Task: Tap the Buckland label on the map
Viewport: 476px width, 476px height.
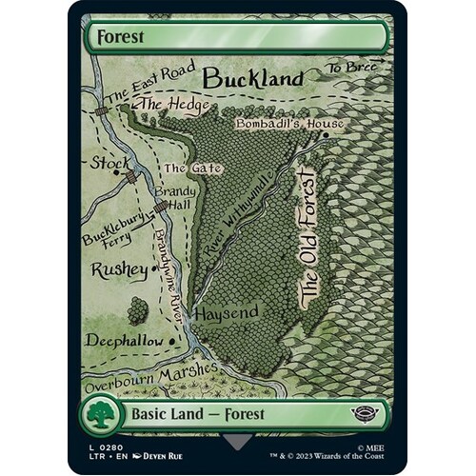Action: click(x=252, y=77)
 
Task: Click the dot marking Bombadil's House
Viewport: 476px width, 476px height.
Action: click(x=326, y=134)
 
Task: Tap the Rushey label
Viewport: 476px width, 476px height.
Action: click(x=119, y=270)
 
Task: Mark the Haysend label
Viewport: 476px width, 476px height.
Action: click(x=221, y=312)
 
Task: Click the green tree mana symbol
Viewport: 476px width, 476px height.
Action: click(x=104, y=413)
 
